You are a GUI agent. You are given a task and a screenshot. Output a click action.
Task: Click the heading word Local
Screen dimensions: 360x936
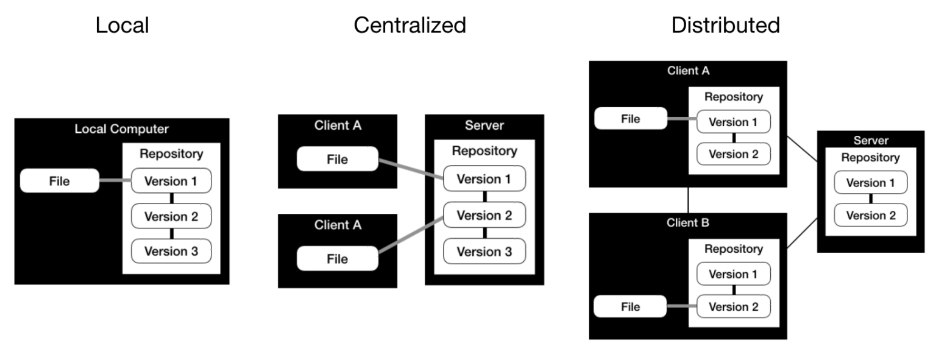[x=122, y=25]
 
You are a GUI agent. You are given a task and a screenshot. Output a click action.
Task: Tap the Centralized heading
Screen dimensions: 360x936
[x=409, y=25]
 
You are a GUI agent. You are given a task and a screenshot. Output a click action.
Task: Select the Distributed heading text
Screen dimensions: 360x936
[x=725, y=25]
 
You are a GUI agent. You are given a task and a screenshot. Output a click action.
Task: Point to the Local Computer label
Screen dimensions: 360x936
[x=121, y=129]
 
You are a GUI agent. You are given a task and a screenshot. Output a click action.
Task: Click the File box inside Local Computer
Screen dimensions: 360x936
[x=59, y=181]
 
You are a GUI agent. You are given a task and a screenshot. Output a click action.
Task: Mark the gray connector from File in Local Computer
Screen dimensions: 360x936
[x=115, y=181]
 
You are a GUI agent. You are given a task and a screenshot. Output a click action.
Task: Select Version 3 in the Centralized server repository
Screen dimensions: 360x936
[x=484, y=250]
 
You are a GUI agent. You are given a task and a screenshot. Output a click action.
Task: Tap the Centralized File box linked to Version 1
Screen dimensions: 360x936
[x=338, y=160]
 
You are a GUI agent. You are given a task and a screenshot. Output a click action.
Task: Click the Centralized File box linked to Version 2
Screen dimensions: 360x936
[x=338, y=258]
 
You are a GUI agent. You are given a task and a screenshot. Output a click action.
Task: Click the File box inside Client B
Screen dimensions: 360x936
[x=630, y=306]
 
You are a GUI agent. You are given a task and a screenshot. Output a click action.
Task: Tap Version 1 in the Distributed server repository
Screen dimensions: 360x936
[x=870, y=183]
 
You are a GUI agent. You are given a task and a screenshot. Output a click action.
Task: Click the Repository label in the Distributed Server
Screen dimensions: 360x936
[x=870, y=158]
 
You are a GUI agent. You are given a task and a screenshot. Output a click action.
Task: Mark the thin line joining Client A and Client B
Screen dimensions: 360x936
[x=688, y=199]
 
